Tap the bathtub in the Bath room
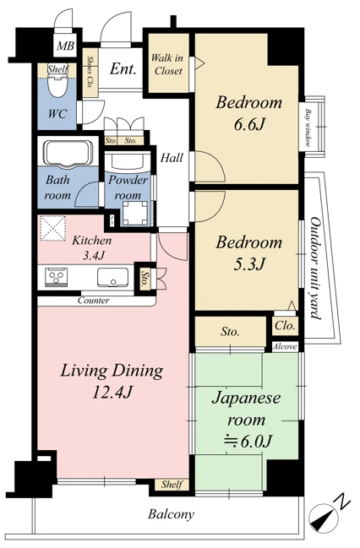coord(68,153)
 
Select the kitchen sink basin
coord(112,277)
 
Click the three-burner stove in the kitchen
coord(57,278)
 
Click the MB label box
coord(66,46)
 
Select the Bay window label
coord(308,128)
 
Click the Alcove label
coord(285,347)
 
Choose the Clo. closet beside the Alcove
coord(286,326)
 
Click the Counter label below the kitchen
coord(94,301)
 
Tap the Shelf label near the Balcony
coord(172,485)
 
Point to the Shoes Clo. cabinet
coord(90,73)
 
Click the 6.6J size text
coord(248,124)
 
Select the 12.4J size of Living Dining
coord(112,392)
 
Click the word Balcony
coord(171,514)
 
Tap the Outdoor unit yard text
coord(315,268)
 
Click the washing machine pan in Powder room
coord(134,213)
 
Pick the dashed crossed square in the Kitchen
coord(53,228)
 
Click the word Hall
coord(172,158)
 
